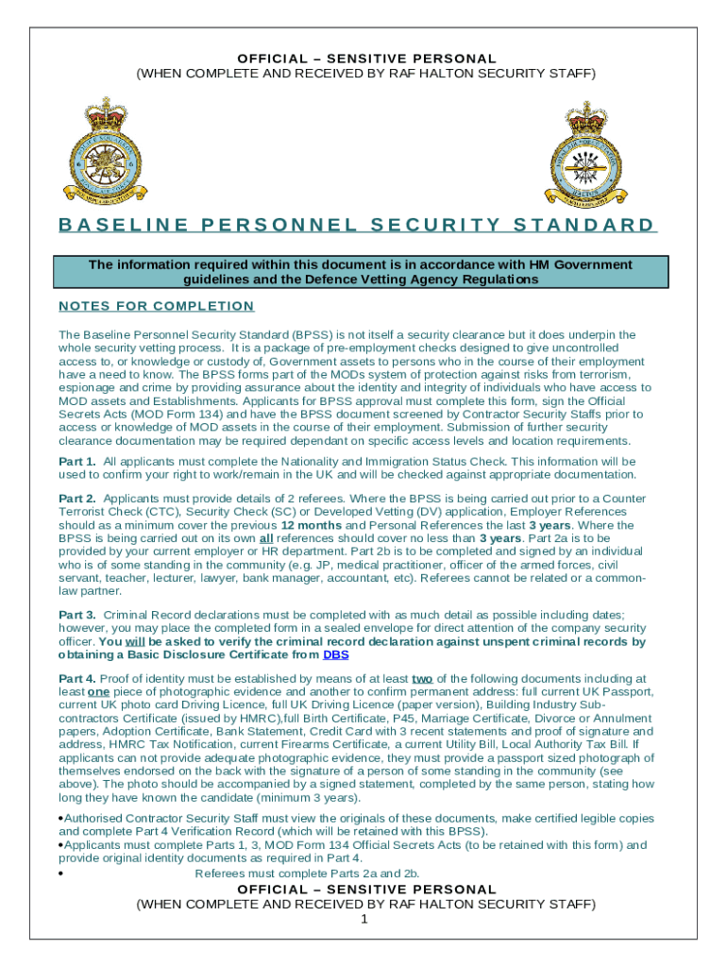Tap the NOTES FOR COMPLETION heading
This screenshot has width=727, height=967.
(x=157, y=306)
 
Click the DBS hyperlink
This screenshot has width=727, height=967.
(x=336, y=654)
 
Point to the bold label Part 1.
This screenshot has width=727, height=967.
(x=77, y=461)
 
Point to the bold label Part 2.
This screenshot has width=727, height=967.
(x=77, y=498)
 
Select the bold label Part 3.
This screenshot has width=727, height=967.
(x=77, y=615)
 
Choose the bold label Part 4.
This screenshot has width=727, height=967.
(x=77, y=678)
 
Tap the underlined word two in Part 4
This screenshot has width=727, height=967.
(x=422, y=678)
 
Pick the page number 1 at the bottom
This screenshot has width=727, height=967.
(x=363, y=919)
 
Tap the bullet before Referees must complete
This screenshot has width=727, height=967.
(x=60, y=874)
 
